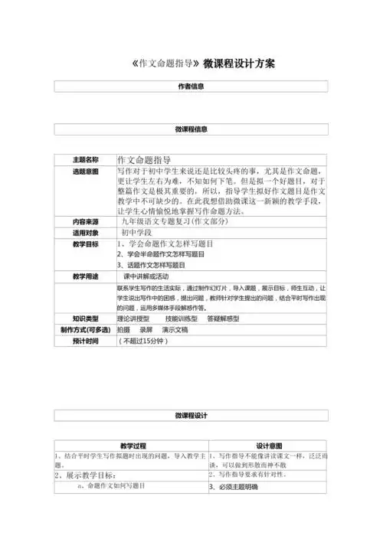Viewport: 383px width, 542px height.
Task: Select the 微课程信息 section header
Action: coord(191,129)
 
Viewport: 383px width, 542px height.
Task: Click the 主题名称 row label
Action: coord(86,159)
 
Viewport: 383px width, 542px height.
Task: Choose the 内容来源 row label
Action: coord(86,220)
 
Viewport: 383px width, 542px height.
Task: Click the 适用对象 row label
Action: coord(86,231)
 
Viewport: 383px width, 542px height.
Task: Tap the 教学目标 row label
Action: coord(86,243)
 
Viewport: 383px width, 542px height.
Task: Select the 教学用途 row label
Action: coord(86,275)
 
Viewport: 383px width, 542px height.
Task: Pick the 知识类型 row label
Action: coord(86,317)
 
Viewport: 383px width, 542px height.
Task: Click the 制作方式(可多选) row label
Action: coord(86,329)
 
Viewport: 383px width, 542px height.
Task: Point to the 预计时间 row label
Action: coord(86,341)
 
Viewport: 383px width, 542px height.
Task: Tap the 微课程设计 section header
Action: coord(191,415)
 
